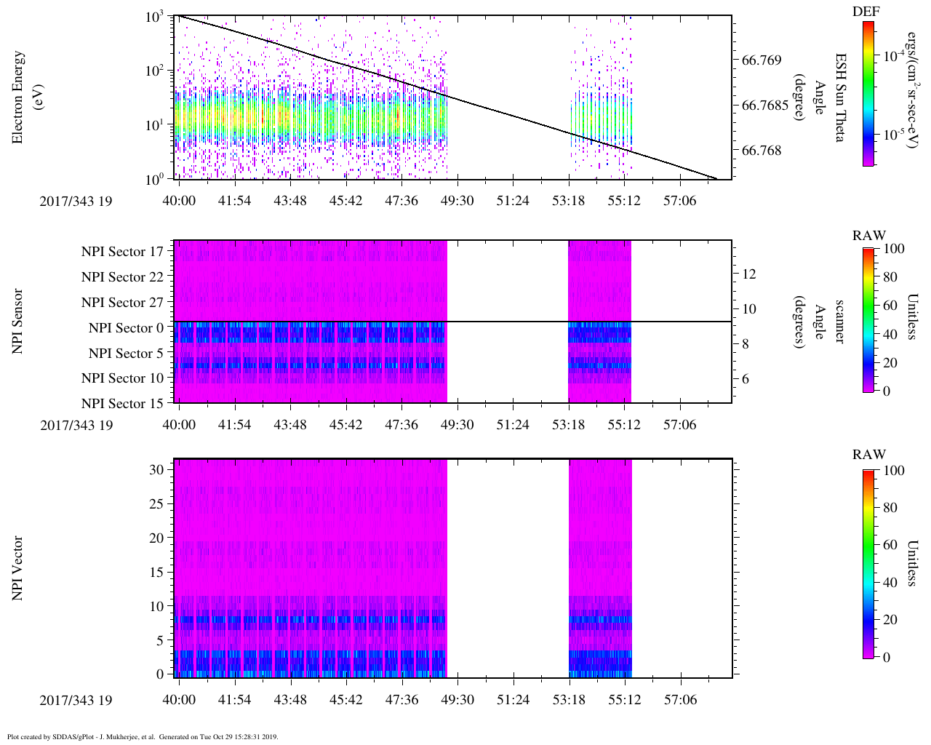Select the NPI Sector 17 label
click(x=122, y=252)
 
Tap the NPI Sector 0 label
click(x=126, y=328)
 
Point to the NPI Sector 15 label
click(x=122, y=404)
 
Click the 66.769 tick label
click(x=762, y=60)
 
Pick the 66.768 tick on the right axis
click(x=762, y=151)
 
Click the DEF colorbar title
click(x=866, y=12)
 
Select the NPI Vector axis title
click(x=17, y=568)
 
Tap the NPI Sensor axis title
click(x=17, y=321)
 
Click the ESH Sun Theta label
click(x=839, y=97)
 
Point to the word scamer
click(x=839, y=322)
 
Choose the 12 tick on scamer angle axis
click(x=749, y=274)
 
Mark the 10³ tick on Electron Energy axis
click(x=154, y=17)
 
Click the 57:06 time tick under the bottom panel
click(x=679, y=700)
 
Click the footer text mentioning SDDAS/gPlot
click(x=142, y=736)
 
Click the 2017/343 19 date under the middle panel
click(x=76, y=425)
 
